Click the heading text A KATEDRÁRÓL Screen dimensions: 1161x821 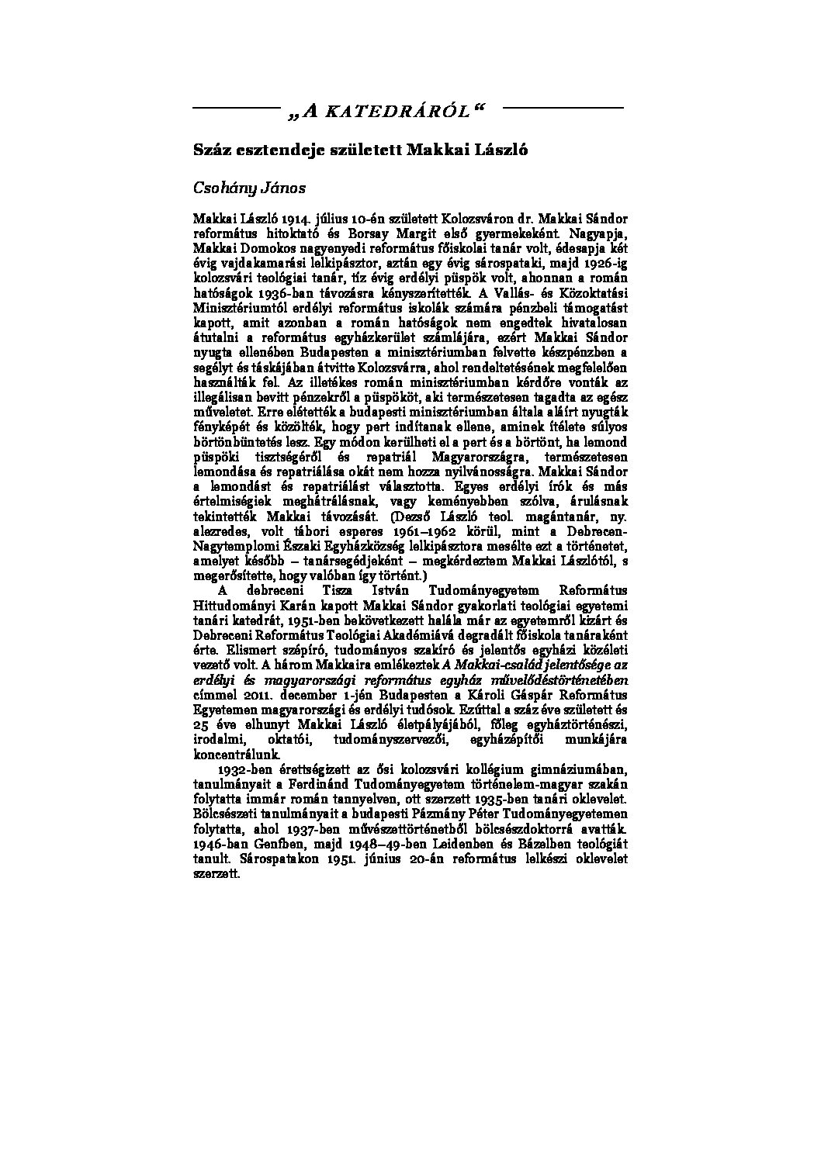[386, 112]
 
